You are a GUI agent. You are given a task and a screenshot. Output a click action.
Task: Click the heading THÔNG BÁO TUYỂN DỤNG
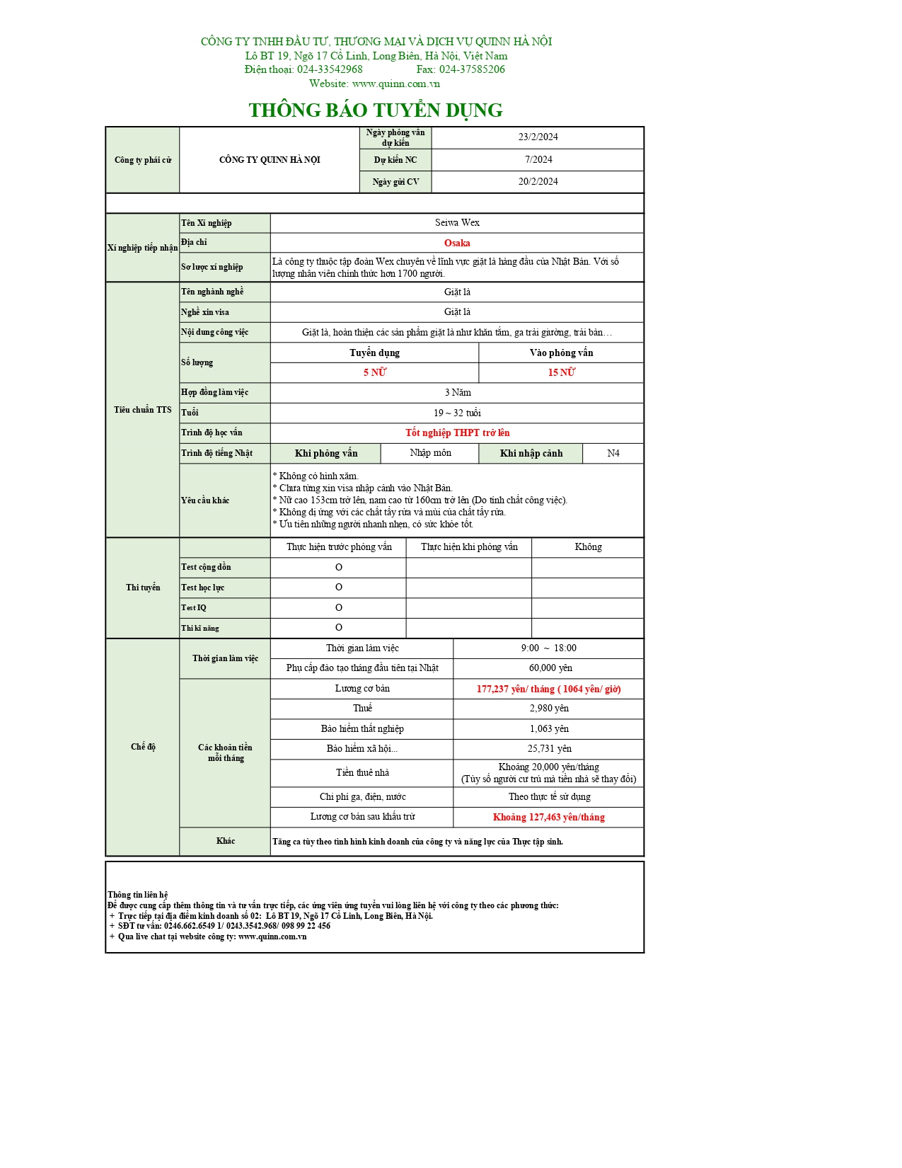[375, 110]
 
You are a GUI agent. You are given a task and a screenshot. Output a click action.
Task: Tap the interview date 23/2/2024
[538, 137]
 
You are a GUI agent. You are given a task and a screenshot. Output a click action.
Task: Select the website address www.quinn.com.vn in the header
[395, 84]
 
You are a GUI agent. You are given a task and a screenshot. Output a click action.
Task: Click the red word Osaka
[457, 243]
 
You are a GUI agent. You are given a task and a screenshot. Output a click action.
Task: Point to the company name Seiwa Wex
[457, 223]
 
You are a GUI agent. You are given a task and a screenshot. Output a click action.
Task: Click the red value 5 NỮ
[374, 372]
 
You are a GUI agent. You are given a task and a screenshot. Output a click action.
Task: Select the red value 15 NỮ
[561, 372]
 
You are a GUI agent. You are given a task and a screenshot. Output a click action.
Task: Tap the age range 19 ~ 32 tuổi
[457, 413]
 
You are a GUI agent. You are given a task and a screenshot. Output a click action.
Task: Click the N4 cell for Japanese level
[613, 453]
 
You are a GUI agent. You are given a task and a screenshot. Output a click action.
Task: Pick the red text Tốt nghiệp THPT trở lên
[457, 433]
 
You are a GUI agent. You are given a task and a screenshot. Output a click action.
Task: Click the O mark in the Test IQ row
[338, 607]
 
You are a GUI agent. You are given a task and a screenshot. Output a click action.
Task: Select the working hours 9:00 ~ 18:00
[548, 648]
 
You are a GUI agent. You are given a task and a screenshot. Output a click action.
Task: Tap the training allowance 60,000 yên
[550, 668]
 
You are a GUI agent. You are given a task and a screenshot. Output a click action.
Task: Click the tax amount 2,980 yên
[548, 708]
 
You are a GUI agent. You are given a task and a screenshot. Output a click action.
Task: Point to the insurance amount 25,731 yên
[548, 748]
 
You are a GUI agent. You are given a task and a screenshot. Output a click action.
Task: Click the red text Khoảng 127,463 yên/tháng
[548, 817]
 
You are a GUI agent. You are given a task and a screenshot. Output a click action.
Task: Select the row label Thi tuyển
[143, 588]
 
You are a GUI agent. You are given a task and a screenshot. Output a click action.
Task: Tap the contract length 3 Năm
[457, 392]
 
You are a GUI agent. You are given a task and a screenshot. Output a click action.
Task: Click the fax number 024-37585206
[472, 69]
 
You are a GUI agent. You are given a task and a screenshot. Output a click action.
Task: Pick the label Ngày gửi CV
[395, 182]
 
